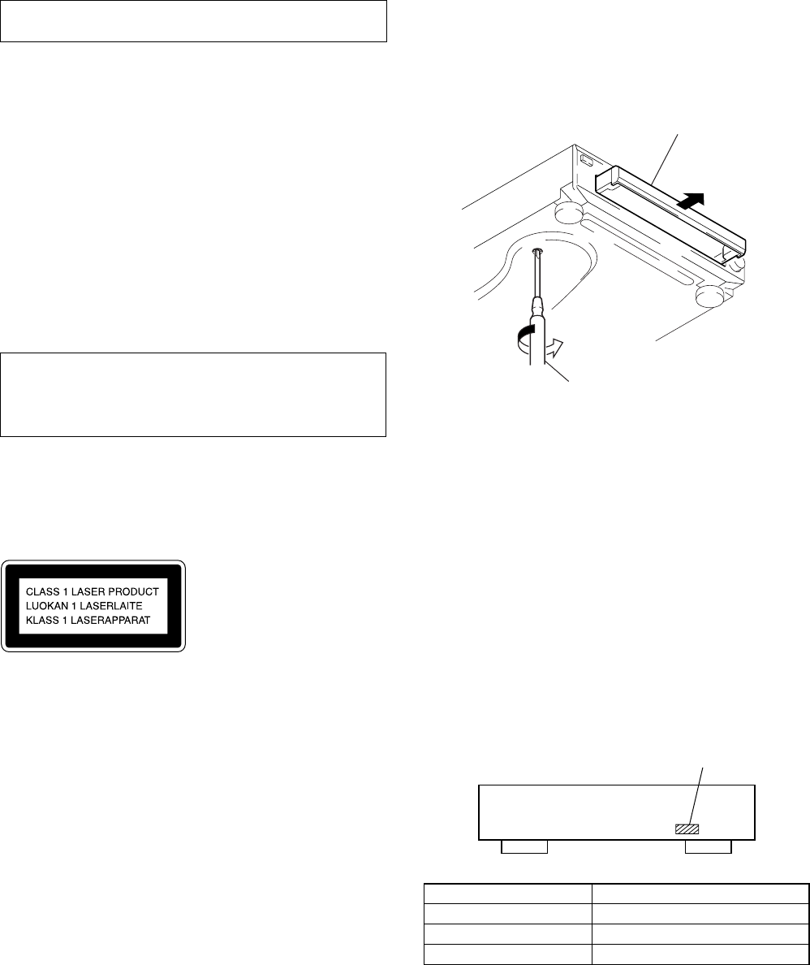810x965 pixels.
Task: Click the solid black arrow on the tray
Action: pos(690,201)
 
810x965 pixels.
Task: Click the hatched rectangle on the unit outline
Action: pos(687,829)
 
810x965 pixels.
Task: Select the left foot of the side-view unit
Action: pos(523,847)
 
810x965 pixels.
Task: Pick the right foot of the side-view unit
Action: pos(708,847)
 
